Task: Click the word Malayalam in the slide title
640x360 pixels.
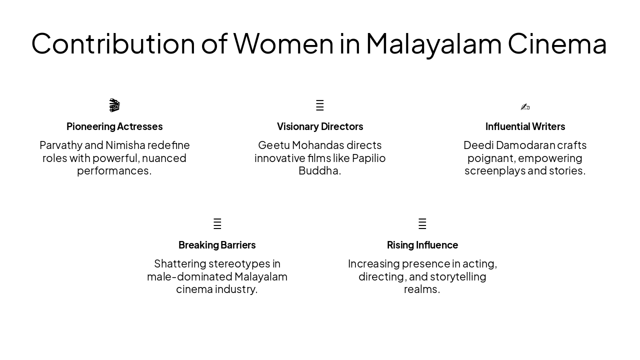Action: [433, 43]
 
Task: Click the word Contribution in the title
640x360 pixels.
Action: [113, 43]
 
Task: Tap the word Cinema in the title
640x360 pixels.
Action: [557, 43]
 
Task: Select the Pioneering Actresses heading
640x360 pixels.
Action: [114, 126]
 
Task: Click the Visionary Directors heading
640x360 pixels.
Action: [320, 126]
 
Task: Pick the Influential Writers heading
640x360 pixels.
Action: [525, 126]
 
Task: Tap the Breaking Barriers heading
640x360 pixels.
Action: [217, 245]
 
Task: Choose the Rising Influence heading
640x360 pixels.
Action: [422, 245]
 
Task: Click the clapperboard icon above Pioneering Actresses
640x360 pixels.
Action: [114, 105]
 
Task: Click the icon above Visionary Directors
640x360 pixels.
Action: [320, 105]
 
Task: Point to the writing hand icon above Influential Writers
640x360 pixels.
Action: [525, 106]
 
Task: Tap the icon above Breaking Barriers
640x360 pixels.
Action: [217, 224]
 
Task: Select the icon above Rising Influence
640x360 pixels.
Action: [422, 224]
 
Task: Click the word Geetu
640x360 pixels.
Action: [273, 145]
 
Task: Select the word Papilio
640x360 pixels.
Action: [368, 158]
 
